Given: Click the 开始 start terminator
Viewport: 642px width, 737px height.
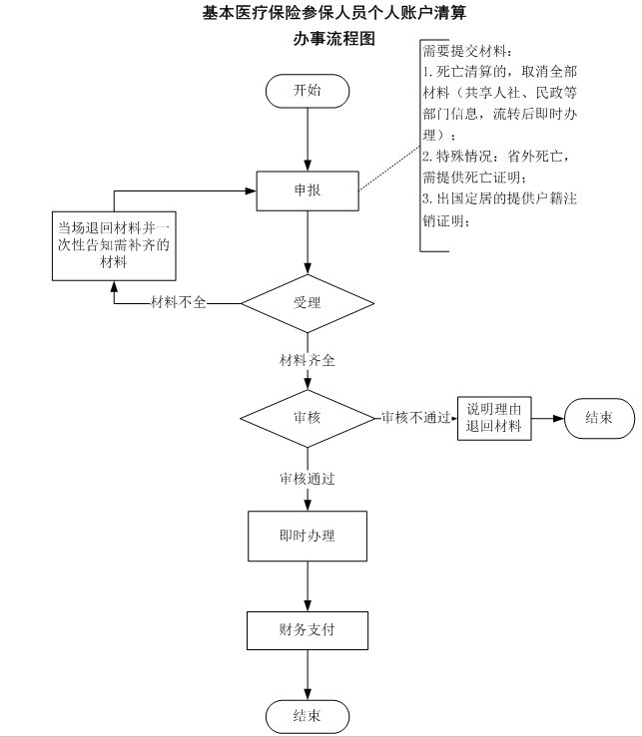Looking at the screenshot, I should click(x=307, y=90).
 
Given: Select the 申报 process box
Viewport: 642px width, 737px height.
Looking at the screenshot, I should click(x=307, y=189).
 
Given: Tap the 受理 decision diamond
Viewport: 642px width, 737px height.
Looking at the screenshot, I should click(x=307, y=302).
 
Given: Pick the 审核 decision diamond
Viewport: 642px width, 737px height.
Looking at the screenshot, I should click(x=307, y=417).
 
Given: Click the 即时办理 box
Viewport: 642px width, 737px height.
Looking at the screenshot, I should click(x=307, y=536).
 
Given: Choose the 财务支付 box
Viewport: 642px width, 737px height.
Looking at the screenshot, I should click(x=307, y=630).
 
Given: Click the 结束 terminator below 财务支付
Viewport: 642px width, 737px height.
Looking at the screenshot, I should click(x=307, y=715).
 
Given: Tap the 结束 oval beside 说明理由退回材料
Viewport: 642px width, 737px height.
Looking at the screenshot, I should click(x=599, y=417).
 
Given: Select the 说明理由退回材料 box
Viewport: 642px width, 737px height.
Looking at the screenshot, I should click(x=494, y=418).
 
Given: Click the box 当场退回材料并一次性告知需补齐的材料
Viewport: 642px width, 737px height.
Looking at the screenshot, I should click(x=113, y=245).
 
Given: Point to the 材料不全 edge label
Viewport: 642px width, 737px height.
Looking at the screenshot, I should click(x=178, y=302).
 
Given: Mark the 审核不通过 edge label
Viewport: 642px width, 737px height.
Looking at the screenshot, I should click(x=415, y=417).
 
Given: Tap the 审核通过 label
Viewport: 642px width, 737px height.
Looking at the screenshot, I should click(x=307, y=479).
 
